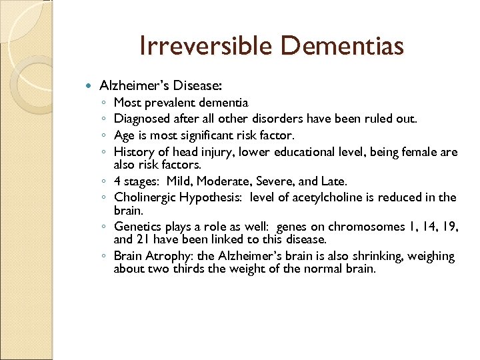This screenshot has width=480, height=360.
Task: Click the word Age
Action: [125, 135]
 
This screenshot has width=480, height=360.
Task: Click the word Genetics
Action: [137, 227]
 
